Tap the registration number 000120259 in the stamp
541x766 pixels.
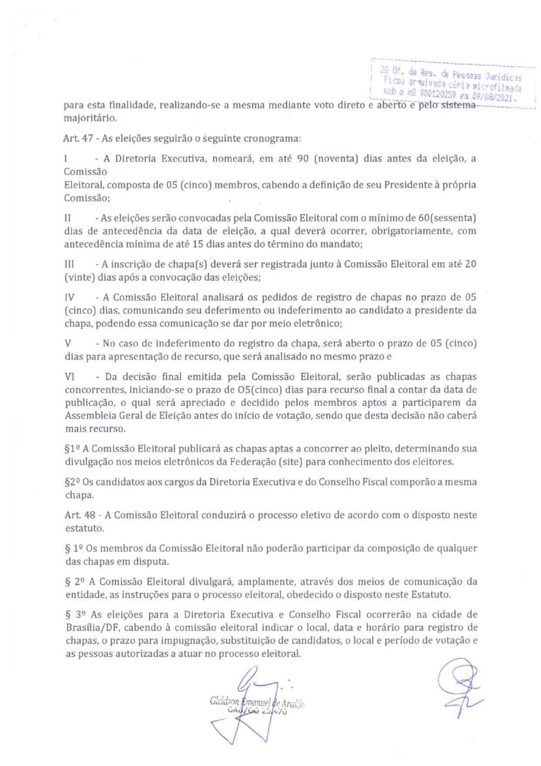click(438, 94)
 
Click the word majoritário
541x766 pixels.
click(90, 118)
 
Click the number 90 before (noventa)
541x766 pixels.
click(303, 158)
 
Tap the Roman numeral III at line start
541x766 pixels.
click(69, 264)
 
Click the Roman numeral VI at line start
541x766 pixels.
click(69, 377)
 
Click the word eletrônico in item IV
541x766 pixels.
click(319, 323)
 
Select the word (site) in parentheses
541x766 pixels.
click(291, 461)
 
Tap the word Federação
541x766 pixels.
click(254, 461)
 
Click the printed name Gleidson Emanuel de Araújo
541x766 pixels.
click(257, 702)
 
